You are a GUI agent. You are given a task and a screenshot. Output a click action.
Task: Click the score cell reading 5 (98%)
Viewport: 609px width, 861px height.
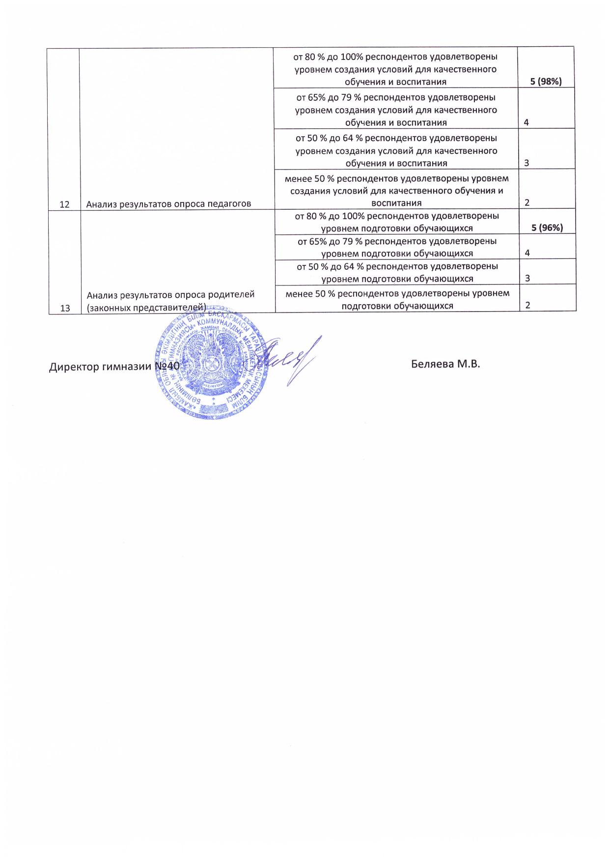(x=545, y=82)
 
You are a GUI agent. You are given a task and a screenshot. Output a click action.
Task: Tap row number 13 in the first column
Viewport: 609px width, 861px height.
(x=64, y=308)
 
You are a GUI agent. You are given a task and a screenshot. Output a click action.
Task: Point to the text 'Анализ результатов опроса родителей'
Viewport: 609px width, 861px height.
(x=170, y=295)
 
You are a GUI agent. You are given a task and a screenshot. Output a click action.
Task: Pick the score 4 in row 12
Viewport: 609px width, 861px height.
(x=526, y=122)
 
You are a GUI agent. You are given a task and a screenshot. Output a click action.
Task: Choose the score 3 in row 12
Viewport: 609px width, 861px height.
(x=526, y=163)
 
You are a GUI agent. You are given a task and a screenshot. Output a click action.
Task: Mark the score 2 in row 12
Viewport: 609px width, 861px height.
(x=526, y=202)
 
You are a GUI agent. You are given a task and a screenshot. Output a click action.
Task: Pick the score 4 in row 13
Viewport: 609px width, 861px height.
(x=527, y=253)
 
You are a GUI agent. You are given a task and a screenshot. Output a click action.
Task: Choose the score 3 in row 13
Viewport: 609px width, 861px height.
(x=527, y=279)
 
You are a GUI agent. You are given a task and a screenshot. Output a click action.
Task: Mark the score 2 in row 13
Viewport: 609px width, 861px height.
(x=527, y=305)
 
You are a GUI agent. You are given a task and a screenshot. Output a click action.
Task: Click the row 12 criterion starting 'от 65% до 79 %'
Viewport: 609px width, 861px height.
(x=396, y=110)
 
